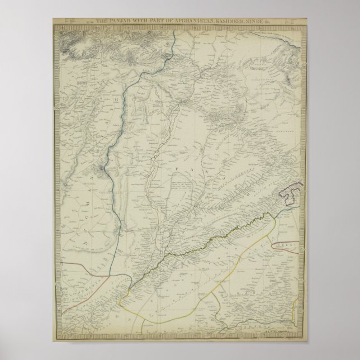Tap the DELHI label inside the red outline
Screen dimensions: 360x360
[287, 245]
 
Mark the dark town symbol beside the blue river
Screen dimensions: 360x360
[102, 168]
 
